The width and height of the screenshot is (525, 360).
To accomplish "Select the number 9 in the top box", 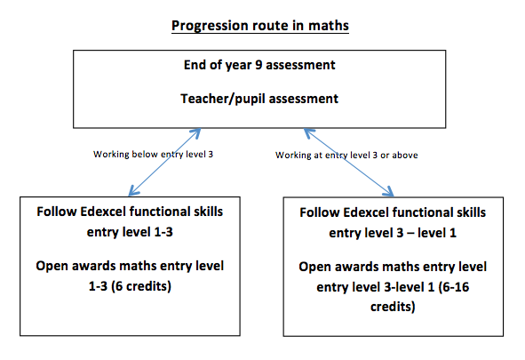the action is (259, 65).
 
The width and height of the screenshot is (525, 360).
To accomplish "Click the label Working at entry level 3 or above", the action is (346, 155).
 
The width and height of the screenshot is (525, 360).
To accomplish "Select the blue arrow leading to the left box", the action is (164, 162).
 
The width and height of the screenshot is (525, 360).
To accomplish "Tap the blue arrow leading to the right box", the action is (349, 163).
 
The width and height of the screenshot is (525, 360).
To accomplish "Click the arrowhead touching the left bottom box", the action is (133, 191).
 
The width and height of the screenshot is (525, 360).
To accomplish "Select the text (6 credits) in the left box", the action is (141, 286).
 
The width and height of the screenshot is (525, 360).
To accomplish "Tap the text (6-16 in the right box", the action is (454, 287).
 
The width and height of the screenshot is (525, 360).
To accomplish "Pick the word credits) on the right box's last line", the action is (393, 307).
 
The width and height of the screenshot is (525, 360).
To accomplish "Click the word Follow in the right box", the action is (320, 212).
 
